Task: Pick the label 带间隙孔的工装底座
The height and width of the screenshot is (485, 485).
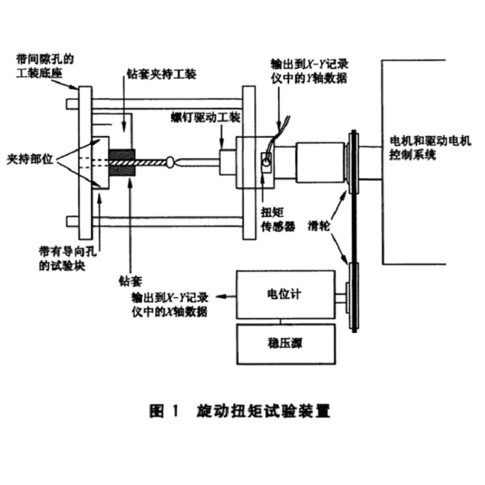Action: (45, 67)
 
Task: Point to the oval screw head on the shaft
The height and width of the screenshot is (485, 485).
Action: (171, 162)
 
